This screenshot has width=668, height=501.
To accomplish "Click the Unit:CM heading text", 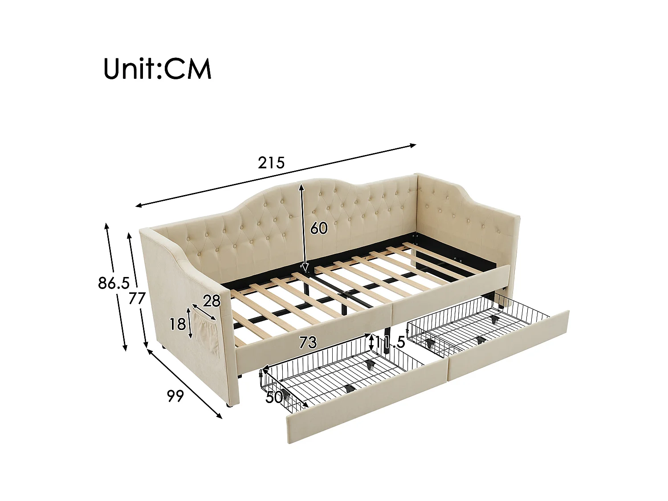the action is tap(157, 69).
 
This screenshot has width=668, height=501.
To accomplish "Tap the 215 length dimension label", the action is tap(271, 163).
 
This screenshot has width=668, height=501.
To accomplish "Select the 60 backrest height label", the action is tap(318, 228).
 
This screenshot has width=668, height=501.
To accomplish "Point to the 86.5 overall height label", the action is tap(113, 282).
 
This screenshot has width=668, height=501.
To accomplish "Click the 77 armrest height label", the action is tap(137, 298).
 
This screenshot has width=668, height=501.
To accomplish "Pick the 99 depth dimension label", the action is tap(175, 395).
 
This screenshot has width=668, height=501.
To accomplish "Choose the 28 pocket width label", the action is tap(212, 301).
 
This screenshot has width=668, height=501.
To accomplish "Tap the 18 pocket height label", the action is tap(177, 324).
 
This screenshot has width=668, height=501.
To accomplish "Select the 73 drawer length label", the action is tap(308, 342).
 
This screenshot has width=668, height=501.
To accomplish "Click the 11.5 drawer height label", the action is tap(390, 342).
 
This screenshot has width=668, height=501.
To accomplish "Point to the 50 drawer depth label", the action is tap(274, 397).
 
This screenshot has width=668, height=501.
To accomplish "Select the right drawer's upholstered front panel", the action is tap(508, 345).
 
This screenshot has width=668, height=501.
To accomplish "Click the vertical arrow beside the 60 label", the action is tap(303, 227).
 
